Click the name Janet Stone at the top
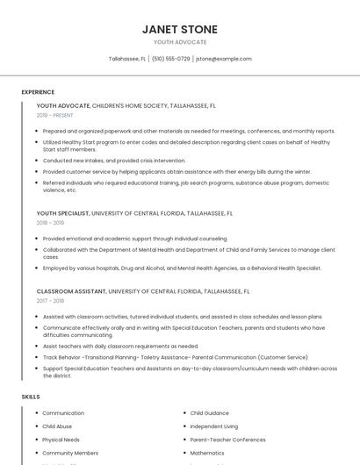pos(180,29)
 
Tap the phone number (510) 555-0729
pos(170,59)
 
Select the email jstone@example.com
pos(223,59)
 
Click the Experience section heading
pos(38,92)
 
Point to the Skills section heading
pos(31,397)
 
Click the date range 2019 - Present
pos(55,115)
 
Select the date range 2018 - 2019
pos(50,223)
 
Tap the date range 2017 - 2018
pos(50,301)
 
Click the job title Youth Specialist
pos(62,212)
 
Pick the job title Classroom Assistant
pos(70,290)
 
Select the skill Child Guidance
pos(209,412)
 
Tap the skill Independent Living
pos(213,426)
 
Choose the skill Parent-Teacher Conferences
pos(227,440)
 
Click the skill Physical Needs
pos(61,440)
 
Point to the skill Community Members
pos(70,453)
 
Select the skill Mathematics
pos(207,453)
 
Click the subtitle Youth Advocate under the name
pos(180,42)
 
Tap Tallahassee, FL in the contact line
pos(127,59)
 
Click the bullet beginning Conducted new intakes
pos(114,161)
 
